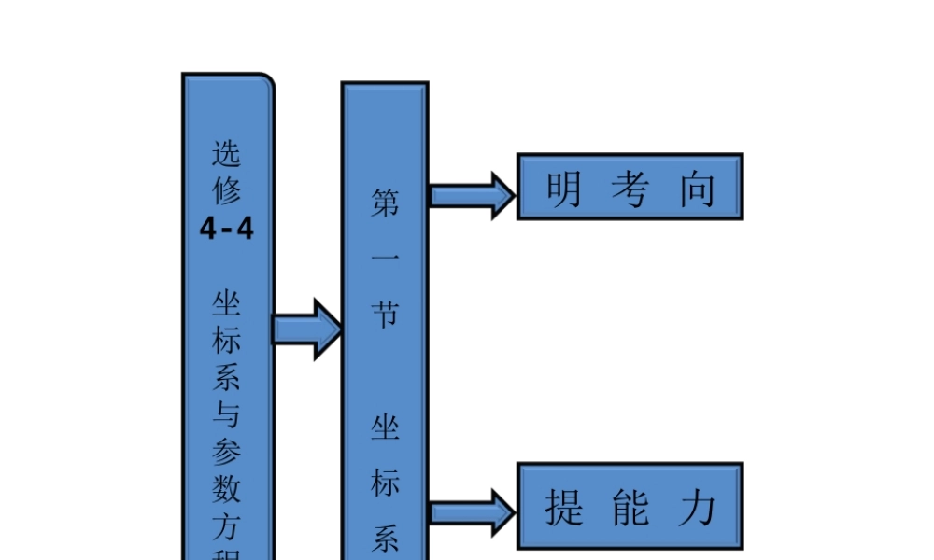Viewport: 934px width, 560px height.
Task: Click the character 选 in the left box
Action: (226, 152)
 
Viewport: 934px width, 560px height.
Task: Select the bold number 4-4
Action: (226, 228)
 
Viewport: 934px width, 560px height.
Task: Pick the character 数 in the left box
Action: (226, 487)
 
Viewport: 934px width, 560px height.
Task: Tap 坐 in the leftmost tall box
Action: (226, 303)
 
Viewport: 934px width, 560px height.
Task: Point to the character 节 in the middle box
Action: (385, 315)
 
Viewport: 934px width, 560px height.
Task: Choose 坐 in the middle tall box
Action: (385, 428)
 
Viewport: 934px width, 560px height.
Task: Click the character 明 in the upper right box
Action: (564, 189)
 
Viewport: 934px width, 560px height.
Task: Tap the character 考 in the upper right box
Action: (630, 189)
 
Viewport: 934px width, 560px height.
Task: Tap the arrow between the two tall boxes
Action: (307, 329)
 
